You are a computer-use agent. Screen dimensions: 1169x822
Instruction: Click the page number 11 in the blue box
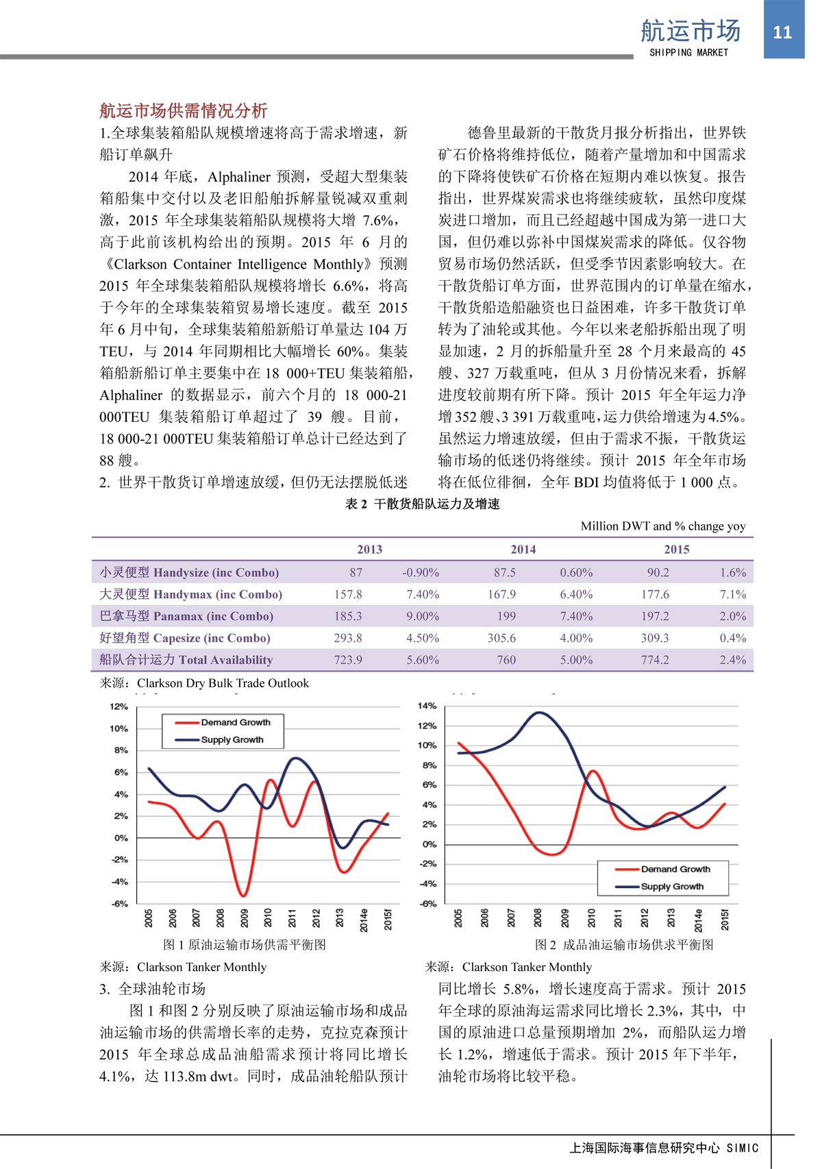(x=782, y=32)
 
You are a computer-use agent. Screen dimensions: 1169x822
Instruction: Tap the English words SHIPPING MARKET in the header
(x=688, y=53)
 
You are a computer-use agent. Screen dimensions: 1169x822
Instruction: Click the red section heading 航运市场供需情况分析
(x=183, y=110)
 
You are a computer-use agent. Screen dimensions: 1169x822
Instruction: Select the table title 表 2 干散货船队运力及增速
(x=422, y=504)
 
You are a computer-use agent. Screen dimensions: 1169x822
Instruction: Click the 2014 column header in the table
(x=523, y=550)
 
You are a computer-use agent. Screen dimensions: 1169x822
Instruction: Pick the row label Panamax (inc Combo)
(x=186, y=616)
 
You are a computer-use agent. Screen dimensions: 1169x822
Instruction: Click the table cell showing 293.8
(x=348, y=638)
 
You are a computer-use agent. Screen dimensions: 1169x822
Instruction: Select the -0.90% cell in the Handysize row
(x=421, y=572)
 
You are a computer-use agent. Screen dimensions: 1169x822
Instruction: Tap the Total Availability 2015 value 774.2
(x=655, y=660)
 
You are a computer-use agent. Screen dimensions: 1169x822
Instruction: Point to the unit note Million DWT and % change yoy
(x=663, y=526)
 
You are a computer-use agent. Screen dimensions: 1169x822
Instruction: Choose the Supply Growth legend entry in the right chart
(x=671, y=887)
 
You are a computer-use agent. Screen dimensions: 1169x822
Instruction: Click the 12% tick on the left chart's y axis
(x=119, y=706)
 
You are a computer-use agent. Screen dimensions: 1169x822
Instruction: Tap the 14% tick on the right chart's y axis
(x=427, y=706)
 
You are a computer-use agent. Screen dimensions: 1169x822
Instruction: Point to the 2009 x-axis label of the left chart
(x=245, y=918)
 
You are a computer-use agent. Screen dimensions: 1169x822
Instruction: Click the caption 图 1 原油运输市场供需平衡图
(x=245, y=945)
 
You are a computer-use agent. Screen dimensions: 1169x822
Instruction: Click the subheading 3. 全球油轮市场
(x=152, y=989)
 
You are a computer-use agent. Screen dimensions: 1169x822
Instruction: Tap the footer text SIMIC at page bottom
(x=743, y=1148)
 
